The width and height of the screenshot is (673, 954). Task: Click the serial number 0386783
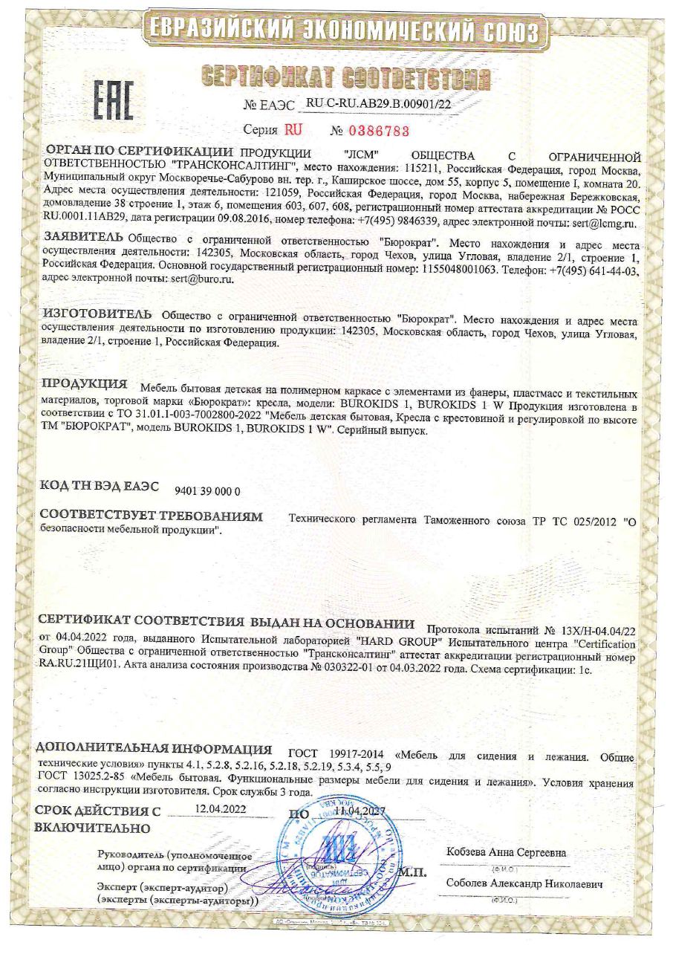pyautogui.click(x=376, y=132)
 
